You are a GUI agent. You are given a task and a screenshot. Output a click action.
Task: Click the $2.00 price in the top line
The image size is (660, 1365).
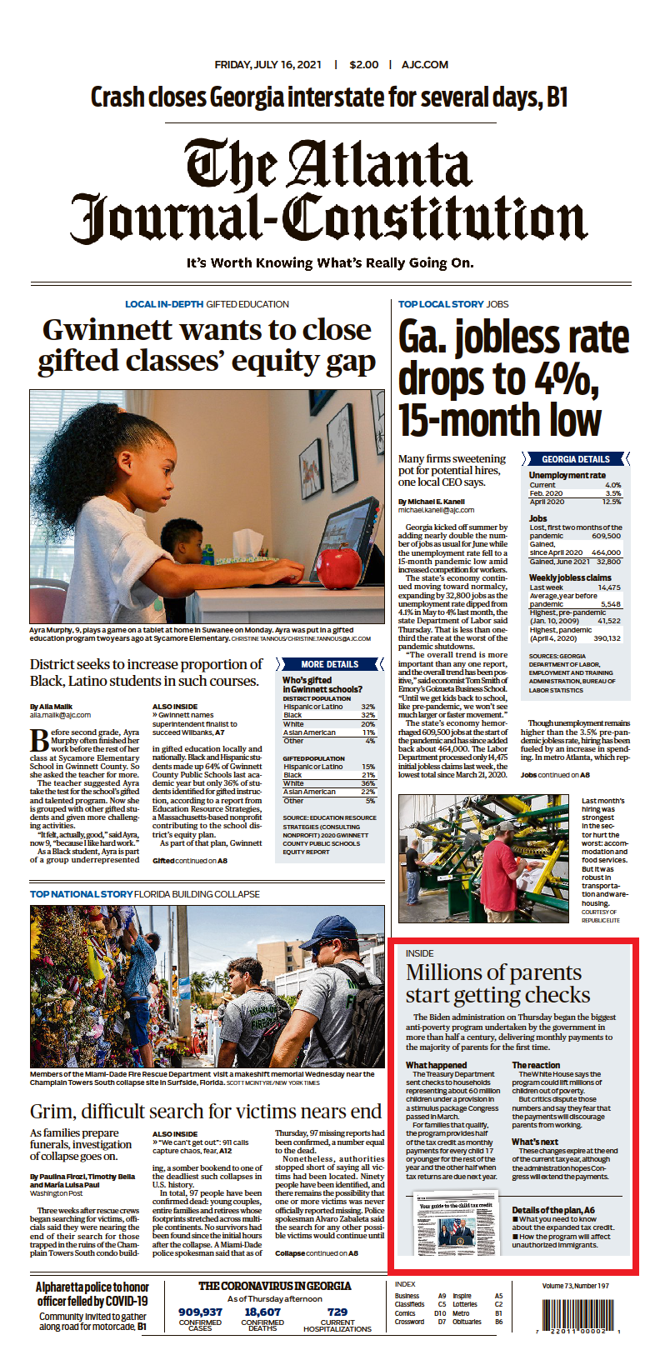pyautogui.click(x=364, y=64)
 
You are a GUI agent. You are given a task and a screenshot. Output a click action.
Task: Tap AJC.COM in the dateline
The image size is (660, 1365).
pyautogui.click(x=425, y=64)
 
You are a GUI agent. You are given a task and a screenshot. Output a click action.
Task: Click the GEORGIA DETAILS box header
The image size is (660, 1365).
pyautogui.click(x=575, y=459)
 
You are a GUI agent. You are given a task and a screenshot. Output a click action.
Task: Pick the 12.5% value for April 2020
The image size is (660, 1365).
pyautogui.click(x=612, y=502)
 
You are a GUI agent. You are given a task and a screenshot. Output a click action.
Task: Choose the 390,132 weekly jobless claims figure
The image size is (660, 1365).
pyautogui.click(x=607, y=638)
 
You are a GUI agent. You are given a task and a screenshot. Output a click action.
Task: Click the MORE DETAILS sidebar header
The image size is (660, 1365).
pyautogui.click(x=329, y=664)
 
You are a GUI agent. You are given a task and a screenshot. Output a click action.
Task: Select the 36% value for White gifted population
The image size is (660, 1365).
pyautogui.click(x=368, y=783)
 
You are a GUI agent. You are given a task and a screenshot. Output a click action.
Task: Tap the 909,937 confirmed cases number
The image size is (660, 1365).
pyautogui.click(x=200, y=1312)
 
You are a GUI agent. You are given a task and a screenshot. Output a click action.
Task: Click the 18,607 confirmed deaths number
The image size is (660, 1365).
pyautogui.click(x=262, y=1312)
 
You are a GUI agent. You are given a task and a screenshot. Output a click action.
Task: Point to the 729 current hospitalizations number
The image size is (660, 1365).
pyautogui.click(x=337, y=1312)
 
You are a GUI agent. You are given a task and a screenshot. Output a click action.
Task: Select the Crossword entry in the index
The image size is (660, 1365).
pyautogui.click(x=409, y=1322)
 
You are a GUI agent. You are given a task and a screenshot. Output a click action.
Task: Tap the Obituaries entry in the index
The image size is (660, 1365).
pyautogui.click(x=467, y=1322)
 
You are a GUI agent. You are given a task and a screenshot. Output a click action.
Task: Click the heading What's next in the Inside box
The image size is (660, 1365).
pyautogui.click(x=535, y=1142)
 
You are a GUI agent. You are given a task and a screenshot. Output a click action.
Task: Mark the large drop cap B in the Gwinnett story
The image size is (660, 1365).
pyautogui.click(x=39, y=740)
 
